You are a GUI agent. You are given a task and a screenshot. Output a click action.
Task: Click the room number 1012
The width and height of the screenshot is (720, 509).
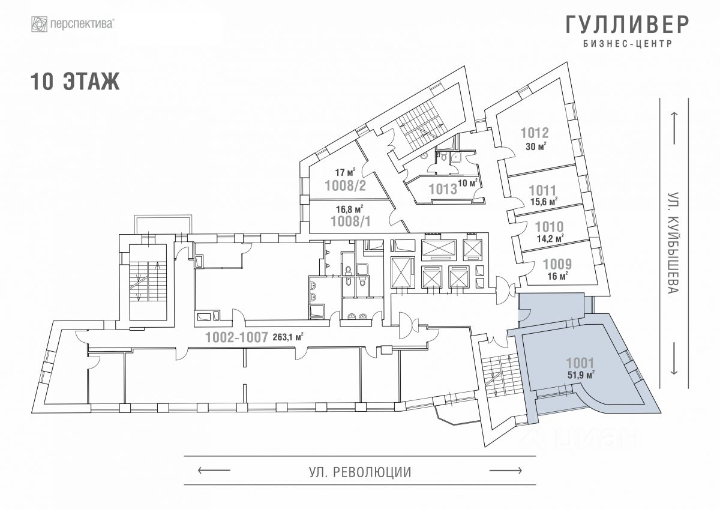tap(535, 133)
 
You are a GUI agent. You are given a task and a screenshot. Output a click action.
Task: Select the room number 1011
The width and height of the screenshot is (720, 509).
tap(542, 190)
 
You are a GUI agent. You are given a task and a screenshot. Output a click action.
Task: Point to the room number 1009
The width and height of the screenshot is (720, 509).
tap(557, 264)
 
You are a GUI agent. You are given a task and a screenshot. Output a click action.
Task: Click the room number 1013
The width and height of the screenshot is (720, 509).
tap(443, 189)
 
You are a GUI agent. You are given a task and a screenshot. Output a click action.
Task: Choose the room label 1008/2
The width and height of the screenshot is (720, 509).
tap(345, 185)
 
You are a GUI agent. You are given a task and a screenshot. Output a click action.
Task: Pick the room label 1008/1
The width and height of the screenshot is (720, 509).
tap(351, 221)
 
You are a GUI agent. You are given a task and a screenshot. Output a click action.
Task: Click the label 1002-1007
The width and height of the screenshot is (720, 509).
tap(236, 337)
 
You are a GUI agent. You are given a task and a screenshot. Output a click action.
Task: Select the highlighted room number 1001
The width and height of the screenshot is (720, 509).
tap(580, 363)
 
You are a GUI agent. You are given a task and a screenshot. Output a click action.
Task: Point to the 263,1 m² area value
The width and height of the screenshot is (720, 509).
tap(287, 337)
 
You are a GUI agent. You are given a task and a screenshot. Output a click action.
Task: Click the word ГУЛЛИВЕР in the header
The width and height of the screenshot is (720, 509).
tap(627, 25)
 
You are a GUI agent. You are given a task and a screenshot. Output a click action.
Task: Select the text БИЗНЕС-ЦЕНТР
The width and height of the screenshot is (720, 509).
tap(627, 44)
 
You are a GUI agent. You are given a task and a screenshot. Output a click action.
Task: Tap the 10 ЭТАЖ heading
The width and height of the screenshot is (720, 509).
tap(75, 82)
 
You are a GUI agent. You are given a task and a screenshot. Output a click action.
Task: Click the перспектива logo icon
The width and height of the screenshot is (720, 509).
tap(40, 25)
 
